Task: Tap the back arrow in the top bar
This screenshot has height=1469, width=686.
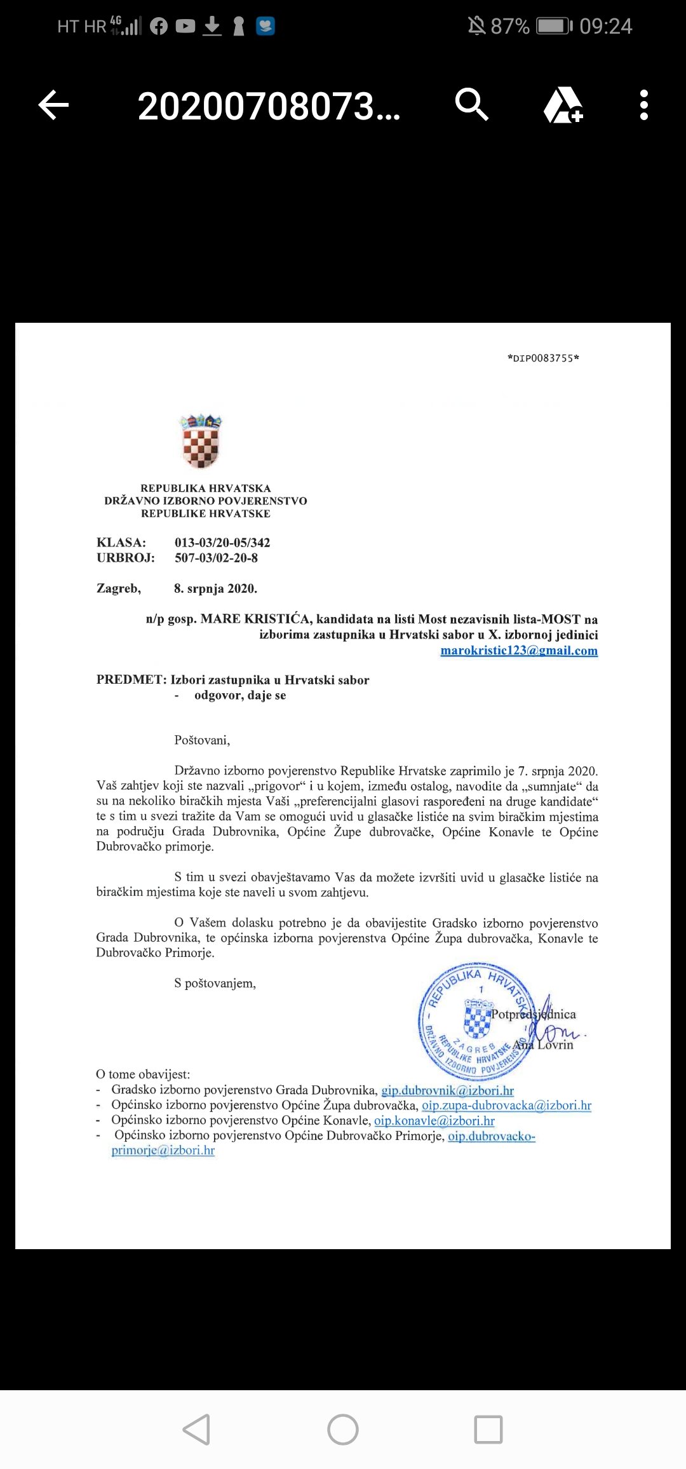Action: [53, 105]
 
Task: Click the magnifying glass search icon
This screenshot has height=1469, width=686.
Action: [471, 105]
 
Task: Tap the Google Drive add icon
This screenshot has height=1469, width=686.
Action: [563, 105]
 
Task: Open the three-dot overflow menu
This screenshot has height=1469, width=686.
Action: [644, 105]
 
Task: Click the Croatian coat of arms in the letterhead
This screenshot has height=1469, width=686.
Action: [201, 442]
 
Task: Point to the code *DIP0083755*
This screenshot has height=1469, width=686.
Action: [543, 358]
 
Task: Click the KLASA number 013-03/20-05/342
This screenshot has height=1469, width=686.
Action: [222, 543]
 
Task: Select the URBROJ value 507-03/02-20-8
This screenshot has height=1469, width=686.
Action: [216, 558]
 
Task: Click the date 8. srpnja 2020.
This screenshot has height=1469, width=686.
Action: [215, 588]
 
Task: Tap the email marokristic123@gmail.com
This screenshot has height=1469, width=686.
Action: [519, 651]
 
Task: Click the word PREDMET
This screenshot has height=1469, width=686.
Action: [130, 680]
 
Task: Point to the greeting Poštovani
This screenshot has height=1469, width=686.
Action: [202, 740]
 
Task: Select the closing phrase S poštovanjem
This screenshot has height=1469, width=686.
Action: [215, 984]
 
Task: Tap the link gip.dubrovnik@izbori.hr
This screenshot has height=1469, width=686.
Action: [447, 1090]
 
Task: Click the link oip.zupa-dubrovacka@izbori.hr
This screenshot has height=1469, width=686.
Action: [506, 1106]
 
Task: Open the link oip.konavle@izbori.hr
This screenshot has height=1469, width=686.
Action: [434, 1121]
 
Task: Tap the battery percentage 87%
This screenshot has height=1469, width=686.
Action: [509, 26]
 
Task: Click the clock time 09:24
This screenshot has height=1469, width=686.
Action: [605, 26]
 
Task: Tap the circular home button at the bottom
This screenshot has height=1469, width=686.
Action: [343, 1430]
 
